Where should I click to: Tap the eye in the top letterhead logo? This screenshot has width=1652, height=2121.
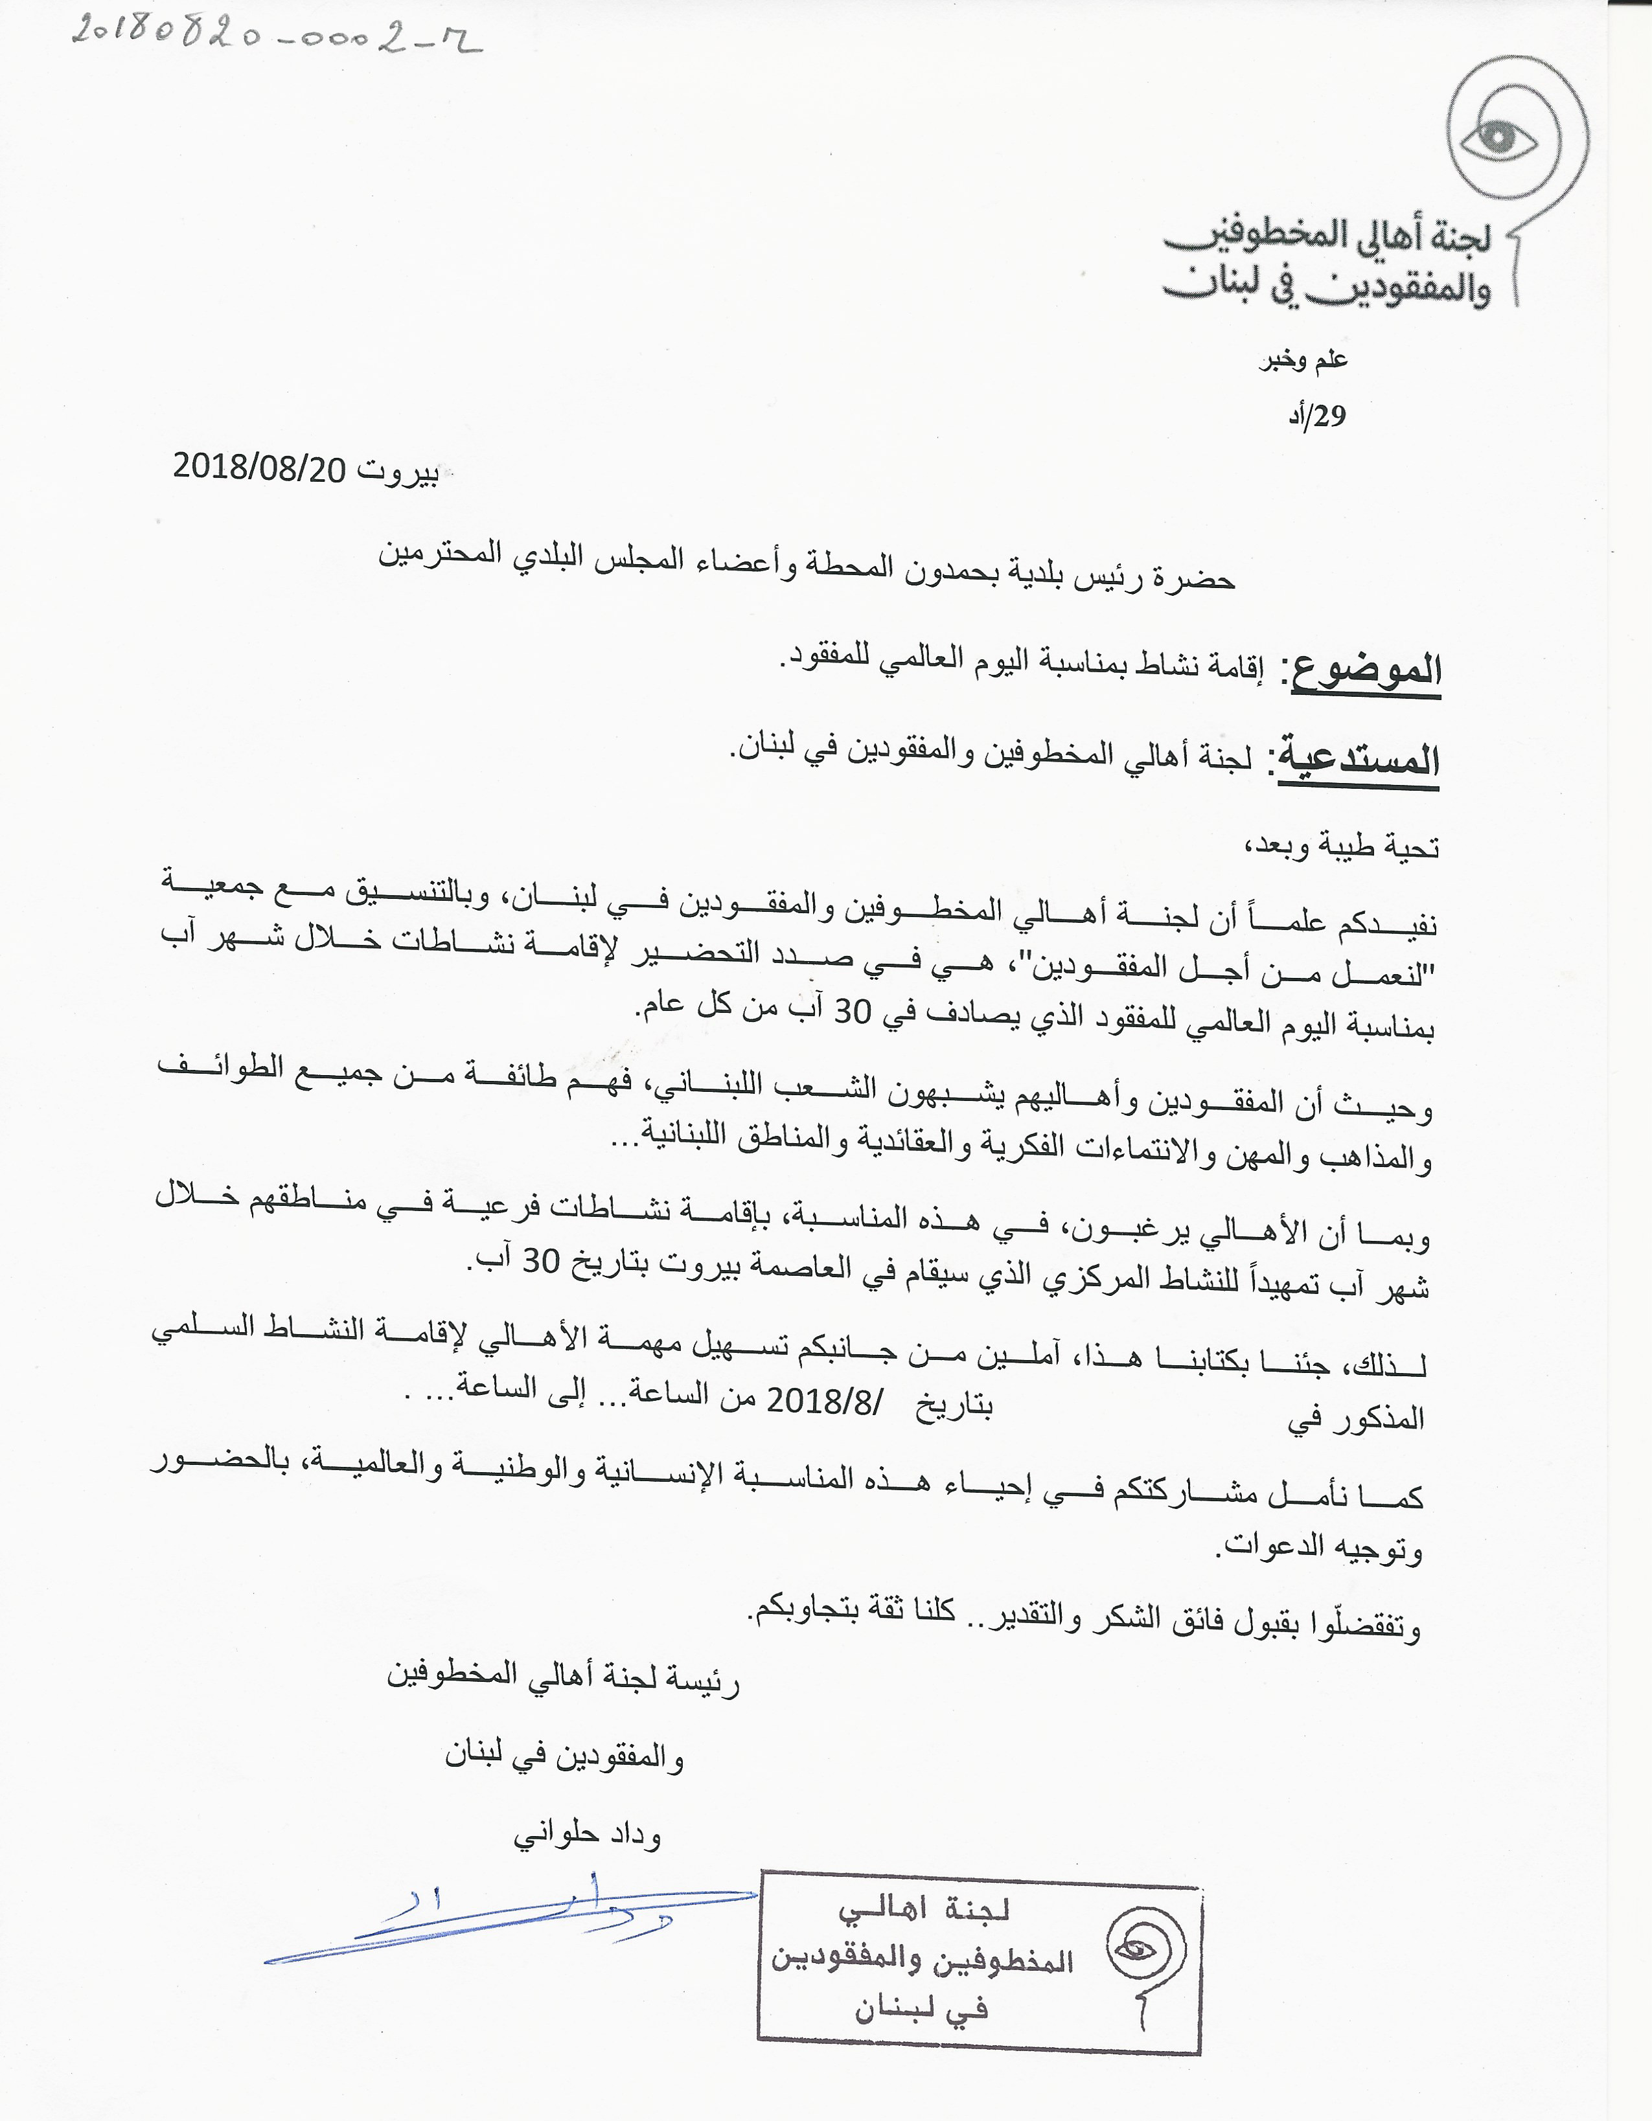(1498, 139)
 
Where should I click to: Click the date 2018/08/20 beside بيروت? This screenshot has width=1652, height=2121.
(259, 468)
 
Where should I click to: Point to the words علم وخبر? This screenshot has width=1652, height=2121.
(1303, 360)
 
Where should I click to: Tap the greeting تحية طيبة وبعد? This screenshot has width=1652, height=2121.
(1341, 847)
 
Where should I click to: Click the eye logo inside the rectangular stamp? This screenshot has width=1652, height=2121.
(1137, 1948)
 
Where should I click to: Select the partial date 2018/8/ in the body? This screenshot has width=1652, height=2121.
(821, 1400)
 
